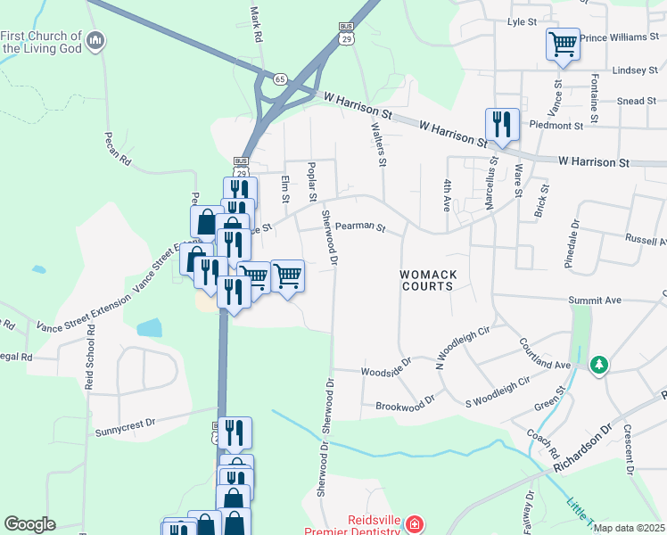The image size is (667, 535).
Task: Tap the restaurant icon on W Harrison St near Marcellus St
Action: click(x=502, y=124)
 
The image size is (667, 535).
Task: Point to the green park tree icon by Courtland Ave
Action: click(x=600, y=364)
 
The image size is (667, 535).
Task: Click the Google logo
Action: click(x=29, y=524)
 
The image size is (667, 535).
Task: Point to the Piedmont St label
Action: click(x=556, y=127)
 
